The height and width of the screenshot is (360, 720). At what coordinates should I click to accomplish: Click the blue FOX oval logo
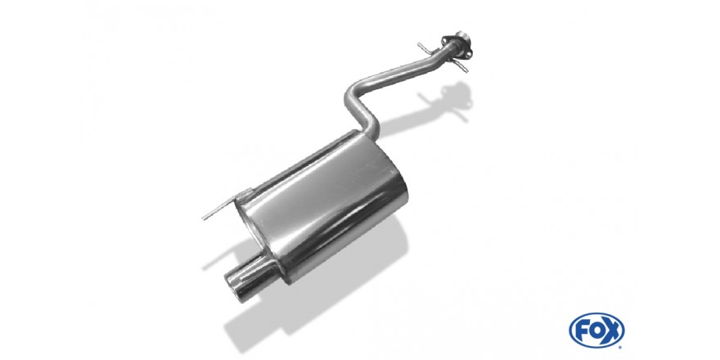(x=596, y=331)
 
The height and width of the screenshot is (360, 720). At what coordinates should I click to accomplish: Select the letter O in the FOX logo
(x=596, y=331)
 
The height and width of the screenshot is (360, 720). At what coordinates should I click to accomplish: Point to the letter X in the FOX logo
(x=612, y=331)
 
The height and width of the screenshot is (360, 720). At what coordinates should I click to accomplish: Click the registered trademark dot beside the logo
(x=622, y=347)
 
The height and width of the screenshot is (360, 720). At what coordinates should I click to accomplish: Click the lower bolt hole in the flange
(x=467, y=55)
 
